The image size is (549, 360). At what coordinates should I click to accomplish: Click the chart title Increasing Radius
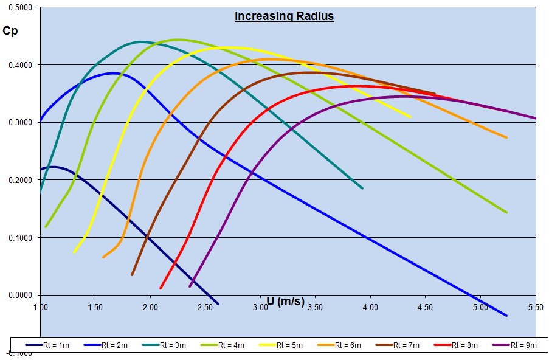click(284, 16)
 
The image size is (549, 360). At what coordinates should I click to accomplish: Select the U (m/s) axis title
click(285, 301)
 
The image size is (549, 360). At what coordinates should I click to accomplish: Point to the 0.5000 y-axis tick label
click(22, 8)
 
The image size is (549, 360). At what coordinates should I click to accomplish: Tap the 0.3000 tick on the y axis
click(22, 123)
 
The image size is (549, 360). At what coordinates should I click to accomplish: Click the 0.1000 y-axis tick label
click(22, 238)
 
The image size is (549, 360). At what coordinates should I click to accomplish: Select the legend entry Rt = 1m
click(55, 345)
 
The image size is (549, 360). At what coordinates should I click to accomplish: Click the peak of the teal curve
click(141, 42)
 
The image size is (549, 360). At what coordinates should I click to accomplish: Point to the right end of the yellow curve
click(410, 117)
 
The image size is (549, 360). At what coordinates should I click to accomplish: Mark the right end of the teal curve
click(362, 189)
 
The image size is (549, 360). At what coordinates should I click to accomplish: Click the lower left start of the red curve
click(161, 288)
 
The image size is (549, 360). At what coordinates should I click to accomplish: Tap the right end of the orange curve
click(506, 137)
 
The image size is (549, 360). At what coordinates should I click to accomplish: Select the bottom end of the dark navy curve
click(218, 303)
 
